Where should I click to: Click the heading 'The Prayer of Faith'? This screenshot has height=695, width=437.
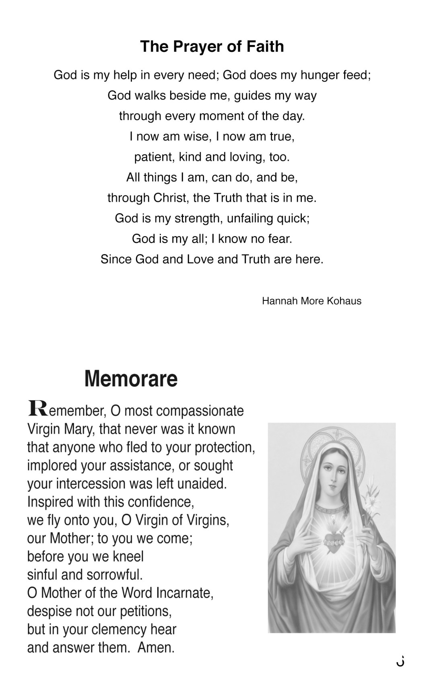pyautogui.click(x=212, y=47)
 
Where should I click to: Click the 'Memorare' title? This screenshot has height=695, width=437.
pyautogui.click(x=131, y=378)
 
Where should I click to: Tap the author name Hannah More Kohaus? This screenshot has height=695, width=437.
pyautogui.click(x=311, y=301)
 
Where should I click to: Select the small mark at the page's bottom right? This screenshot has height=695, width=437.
pyautogui.click(x=400, y=662)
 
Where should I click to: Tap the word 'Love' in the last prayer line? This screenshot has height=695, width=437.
pyautogui.click(x=200, y=259)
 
